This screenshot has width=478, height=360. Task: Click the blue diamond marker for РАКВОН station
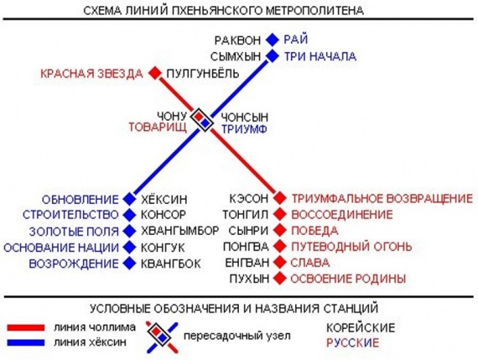[x=273, y=39]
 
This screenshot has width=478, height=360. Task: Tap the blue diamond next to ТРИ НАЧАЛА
[x=273, y=56]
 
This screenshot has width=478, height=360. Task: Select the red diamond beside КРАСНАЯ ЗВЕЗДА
[x=155, y=73]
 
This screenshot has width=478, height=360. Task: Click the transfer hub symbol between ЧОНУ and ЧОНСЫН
[x=202, y=120]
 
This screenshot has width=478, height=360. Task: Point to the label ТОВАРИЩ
[x=158, y=128]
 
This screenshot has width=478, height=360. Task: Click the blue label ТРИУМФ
[x=244, y=129]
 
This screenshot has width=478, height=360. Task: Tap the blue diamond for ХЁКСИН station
[x=129, y=199]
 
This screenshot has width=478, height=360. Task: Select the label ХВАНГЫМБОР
[x=179, y=231]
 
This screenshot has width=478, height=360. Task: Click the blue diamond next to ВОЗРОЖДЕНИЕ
[x=129, y=263]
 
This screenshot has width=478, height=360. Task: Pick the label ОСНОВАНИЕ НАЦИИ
[x=61, y=248]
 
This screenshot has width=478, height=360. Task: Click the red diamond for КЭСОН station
[x=279, y=198]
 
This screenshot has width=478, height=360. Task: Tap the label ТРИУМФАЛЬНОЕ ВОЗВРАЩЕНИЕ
[x=382, y=199]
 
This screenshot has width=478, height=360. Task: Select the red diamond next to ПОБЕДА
[x=279, y=230]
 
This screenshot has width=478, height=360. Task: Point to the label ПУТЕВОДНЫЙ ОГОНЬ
[x=351, y=247]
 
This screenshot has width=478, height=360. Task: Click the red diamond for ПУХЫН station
[x=279, y=279]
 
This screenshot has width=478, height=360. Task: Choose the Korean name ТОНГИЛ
[x=246, y=215]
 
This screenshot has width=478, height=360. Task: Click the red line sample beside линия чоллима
[x=26, y=327]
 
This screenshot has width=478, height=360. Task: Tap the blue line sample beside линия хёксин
[x=26, y=342]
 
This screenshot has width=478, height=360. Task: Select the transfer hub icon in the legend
[x=161, y=336]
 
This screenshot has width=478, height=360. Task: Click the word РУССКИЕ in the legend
[x=352, y=343]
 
